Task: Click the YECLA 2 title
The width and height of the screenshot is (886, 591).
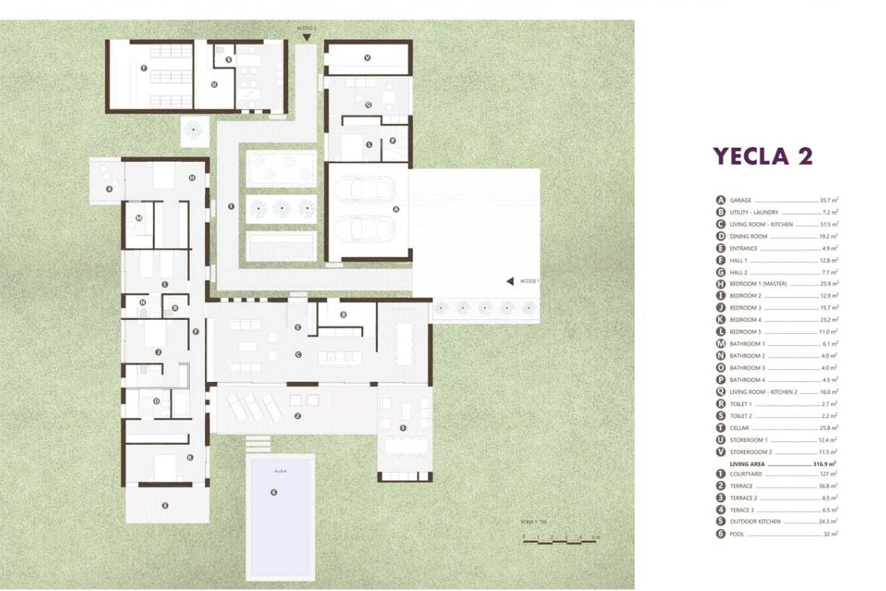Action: coord(763,157)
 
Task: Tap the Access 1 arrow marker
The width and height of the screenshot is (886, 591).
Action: coord(509,281)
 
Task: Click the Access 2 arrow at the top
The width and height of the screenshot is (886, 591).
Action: coord(306,36)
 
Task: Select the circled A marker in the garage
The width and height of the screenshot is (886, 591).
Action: coord(396,209)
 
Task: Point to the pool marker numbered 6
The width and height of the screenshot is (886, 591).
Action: coord(274,492)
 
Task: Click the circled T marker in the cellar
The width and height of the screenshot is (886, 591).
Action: coord(143,68)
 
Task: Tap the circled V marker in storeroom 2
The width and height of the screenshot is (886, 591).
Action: coord(367,57)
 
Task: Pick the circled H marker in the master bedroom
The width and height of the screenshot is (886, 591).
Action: coord(191,177)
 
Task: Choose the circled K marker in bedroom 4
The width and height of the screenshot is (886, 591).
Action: coord(190,457)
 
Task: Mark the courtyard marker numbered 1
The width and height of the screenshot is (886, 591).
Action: coord(231,207)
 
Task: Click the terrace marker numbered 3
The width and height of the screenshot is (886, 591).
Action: coord(165,505)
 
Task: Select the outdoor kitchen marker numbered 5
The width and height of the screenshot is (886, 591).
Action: coord(402,428)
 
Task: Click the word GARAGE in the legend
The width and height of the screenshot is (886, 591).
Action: coord(741,200)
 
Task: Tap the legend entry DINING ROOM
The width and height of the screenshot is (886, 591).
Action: coord(748,236)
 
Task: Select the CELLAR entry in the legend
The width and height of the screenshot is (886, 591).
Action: coord(740,428)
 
